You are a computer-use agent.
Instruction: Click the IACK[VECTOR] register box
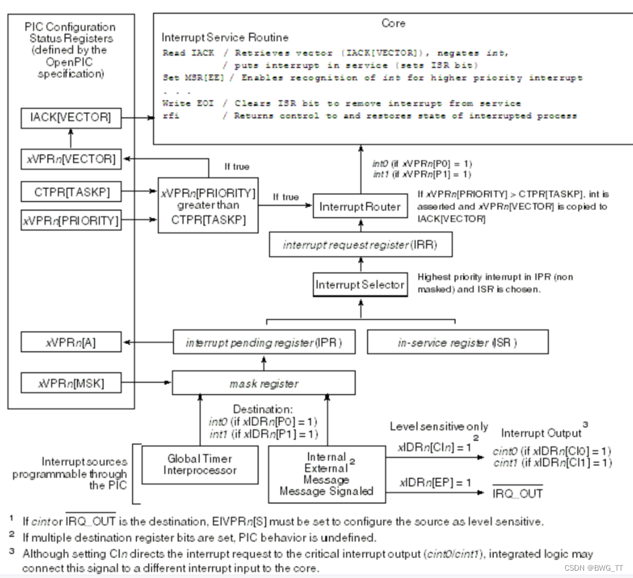click(70, 119)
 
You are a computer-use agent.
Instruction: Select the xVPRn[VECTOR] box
click(70, 159)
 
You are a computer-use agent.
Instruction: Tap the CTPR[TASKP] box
click(70, 193)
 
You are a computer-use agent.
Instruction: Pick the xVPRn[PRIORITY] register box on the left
click(70, 220)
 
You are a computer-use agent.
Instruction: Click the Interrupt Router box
click(359, 206)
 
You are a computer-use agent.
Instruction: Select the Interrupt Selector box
click(361, 284)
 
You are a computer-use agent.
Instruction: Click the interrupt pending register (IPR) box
click(263, 343)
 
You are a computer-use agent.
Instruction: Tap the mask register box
click(263, 384)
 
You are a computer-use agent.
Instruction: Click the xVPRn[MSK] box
click(70, 384)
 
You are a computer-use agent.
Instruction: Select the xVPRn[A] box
click(70, 343)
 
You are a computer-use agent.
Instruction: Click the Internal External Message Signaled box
click(326, 475)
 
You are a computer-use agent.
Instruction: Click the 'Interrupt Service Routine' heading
click(225, 37)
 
